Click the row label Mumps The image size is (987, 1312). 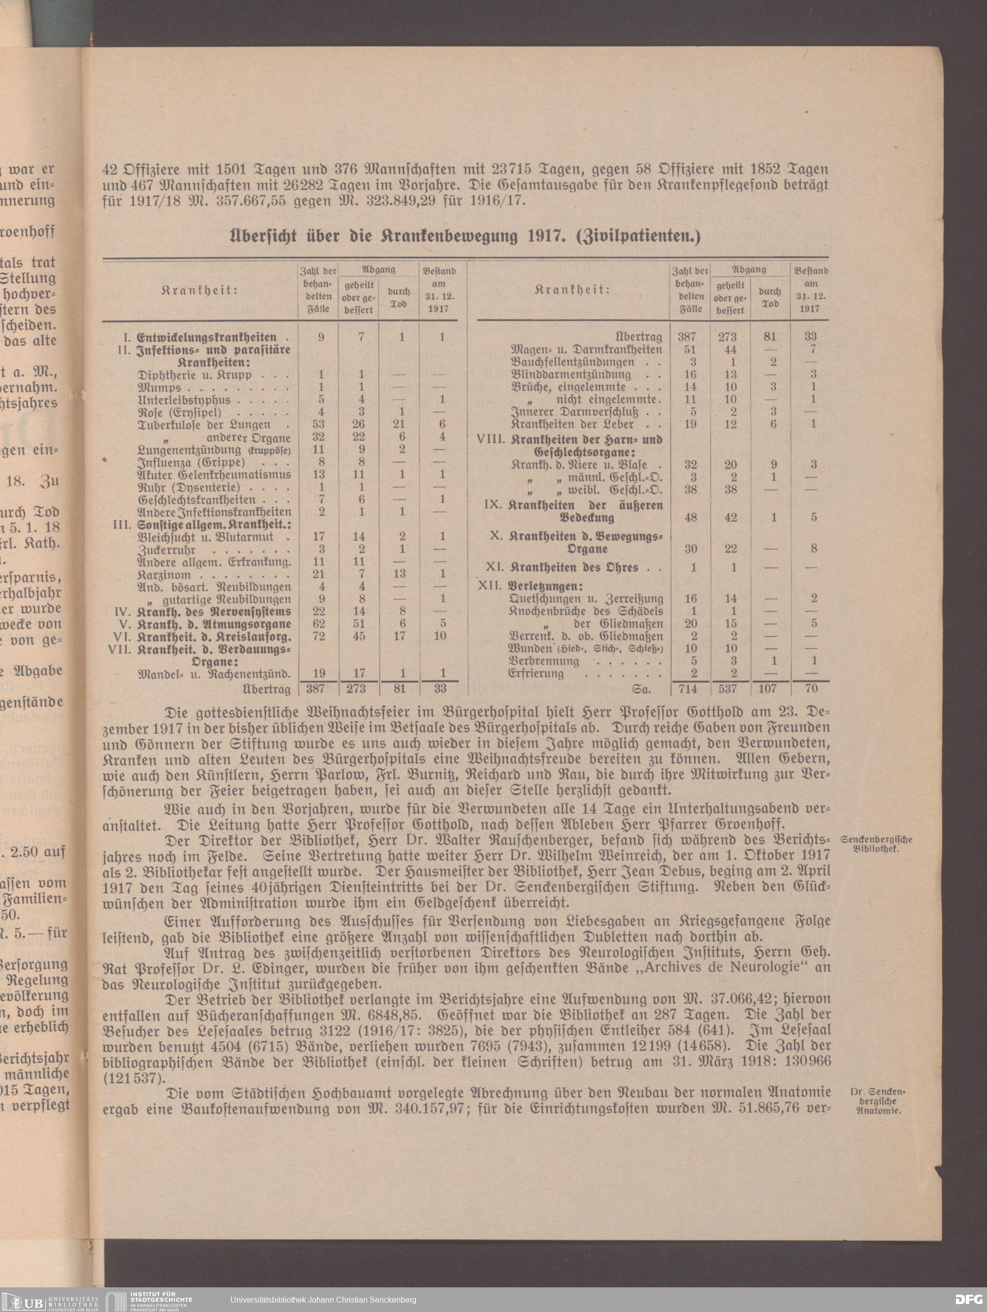pos(153,387)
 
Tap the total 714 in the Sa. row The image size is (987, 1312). pos(690,689)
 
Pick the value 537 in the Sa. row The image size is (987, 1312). pos(731,689)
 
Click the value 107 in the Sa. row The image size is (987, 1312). pos(770,689)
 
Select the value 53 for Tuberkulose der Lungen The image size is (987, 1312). pos(321,425)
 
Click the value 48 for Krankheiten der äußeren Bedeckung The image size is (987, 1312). pos(690,517)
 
